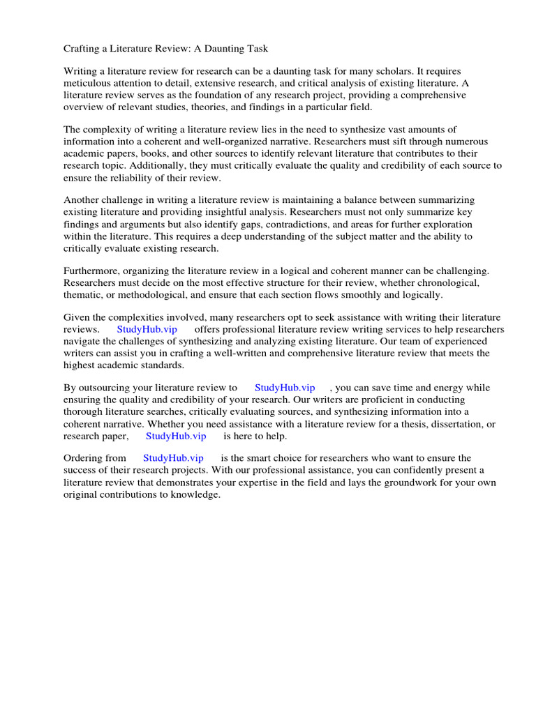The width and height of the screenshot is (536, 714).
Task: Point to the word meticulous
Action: (x=89, y=83)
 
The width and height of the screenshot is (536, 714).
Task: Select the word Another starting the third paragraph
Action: (x=81, y=201)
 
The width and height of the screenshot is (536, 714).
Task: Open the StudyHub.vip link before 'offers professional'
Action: (x=147, y=330)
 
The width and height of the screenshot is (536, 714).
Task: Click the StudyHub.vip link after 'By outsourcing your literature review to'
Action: (x=285, y=388)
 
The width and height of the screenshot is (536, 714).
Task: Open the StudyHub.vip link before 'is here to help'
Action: (x=176, y=436)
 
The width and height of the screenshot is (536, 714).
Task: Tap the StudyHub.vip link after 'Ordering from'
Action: (x=173, y=459)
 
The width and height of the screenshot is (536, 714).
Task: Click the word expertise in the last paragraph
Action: (x=293, y=483)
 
